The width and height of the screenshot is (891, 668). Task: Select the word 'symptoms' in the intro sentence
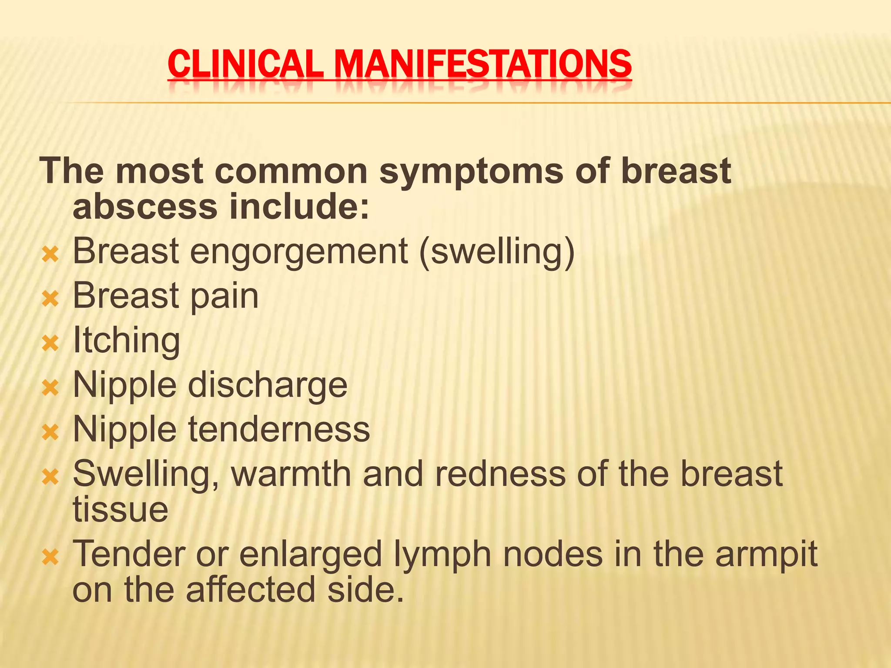tap(472, 171)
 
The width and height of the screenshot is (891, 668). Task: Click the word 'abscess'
tap(145, 207)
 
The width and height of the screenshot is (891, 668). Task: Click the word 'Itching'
tap(126, 341)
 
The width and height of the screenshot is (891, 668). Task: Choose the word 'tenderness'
tap(279, 430)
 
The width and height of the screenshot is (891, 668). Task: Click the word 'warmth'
tap(291, 474)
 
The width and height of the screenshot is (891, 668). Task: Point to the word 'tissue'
tap(121, 510)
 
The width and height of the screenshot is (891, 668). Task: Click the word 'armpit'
tap(767, 555)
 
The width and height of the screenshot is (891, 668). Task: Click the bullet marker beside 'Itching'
tap(50, 344)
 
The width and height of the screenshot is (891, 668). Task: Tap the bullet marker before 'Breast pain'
tap(50, 299)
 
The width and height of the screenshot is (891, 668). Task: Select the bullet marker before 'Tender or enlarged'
tap(50, 557)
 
